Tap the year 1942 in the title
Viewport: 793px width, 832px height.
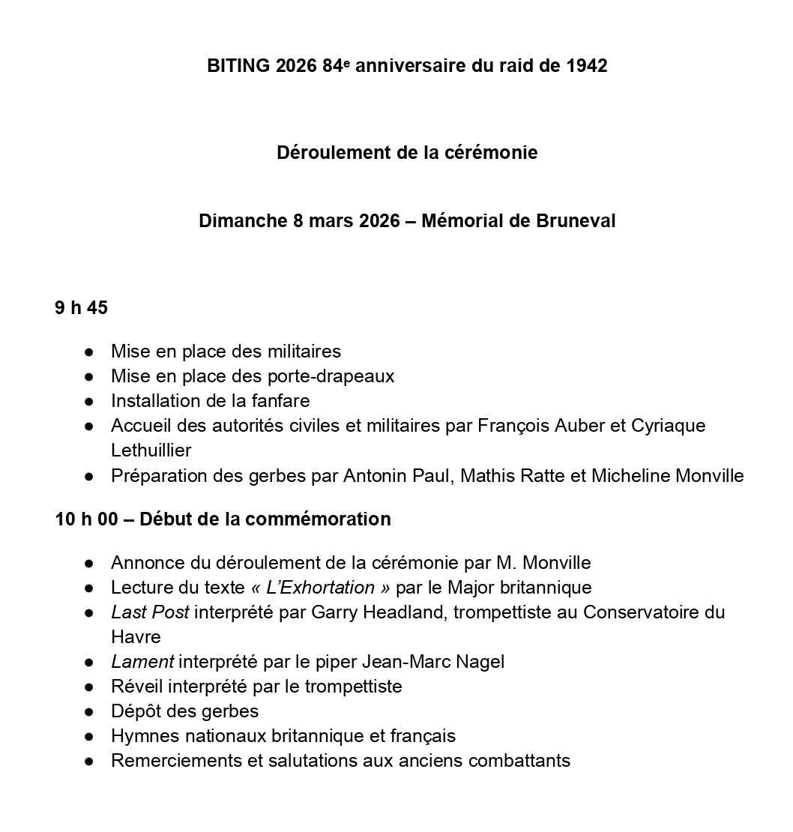click(x=586, y=66)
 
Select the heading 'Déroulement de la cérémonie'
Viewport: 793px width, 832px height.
click(x=407, y=153)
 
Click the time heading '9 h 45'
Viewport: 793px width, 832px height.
click(x=81, y=308)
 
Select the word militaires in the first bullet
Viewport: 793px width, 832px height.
click(x=300, y=351)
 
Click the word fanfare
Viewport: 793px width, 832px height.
click(x=280, y=400)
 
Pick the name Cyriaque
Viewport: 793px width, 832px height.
click(x=669, y=426)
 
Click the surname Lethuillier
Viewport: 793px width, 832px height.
click(x=151, y=450)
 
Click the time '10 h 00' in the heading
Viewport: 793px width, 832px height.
click(x=86, y=519)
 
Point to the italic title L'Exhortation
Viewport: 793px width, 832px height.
click(x=320, y=587)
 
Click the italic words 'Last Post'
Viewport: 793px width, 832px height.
click(x=150, y=612)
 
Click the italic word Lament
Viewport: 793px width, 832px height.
click(x=142, y=661)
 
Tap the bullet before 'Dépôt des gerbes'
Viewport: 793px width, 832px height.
click(x=89, y=711)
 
